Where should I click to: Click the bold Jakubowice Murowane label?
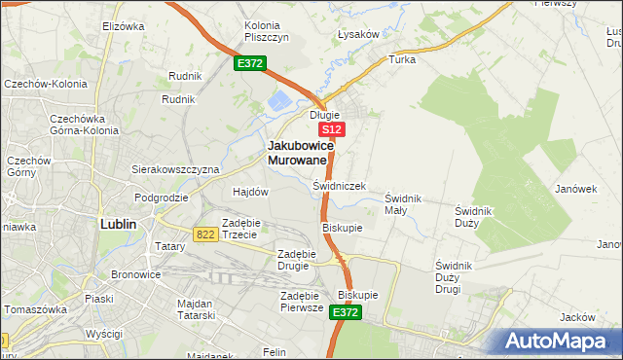[x=301, y=152]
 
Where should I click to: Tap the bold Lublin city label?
[x=118, y=223]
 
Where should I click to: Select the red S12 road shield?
[x=331, y=128]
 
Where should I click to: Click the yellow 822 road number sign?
[x=204, y=234]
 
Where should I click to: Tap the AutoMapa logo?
[x=562, y=342]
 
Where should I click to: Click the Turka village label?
[x=402, y=59]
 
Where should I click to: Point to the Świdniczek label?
[x=339, y=185]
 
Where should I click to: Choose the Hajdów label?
[x=250, y=192]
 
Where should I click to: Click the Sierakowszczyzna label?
[x=175, y=168]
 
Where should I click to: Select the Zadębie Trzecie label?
[x=239, y=228]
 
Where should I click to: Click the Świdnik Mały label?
[x=403, y=204]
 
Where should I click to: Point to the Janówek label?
[x=575, y=189]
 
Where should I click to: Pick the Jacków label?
[x=578, y=317]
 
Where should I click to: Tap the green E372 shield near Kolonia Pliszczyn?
[x=249, y=63]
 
